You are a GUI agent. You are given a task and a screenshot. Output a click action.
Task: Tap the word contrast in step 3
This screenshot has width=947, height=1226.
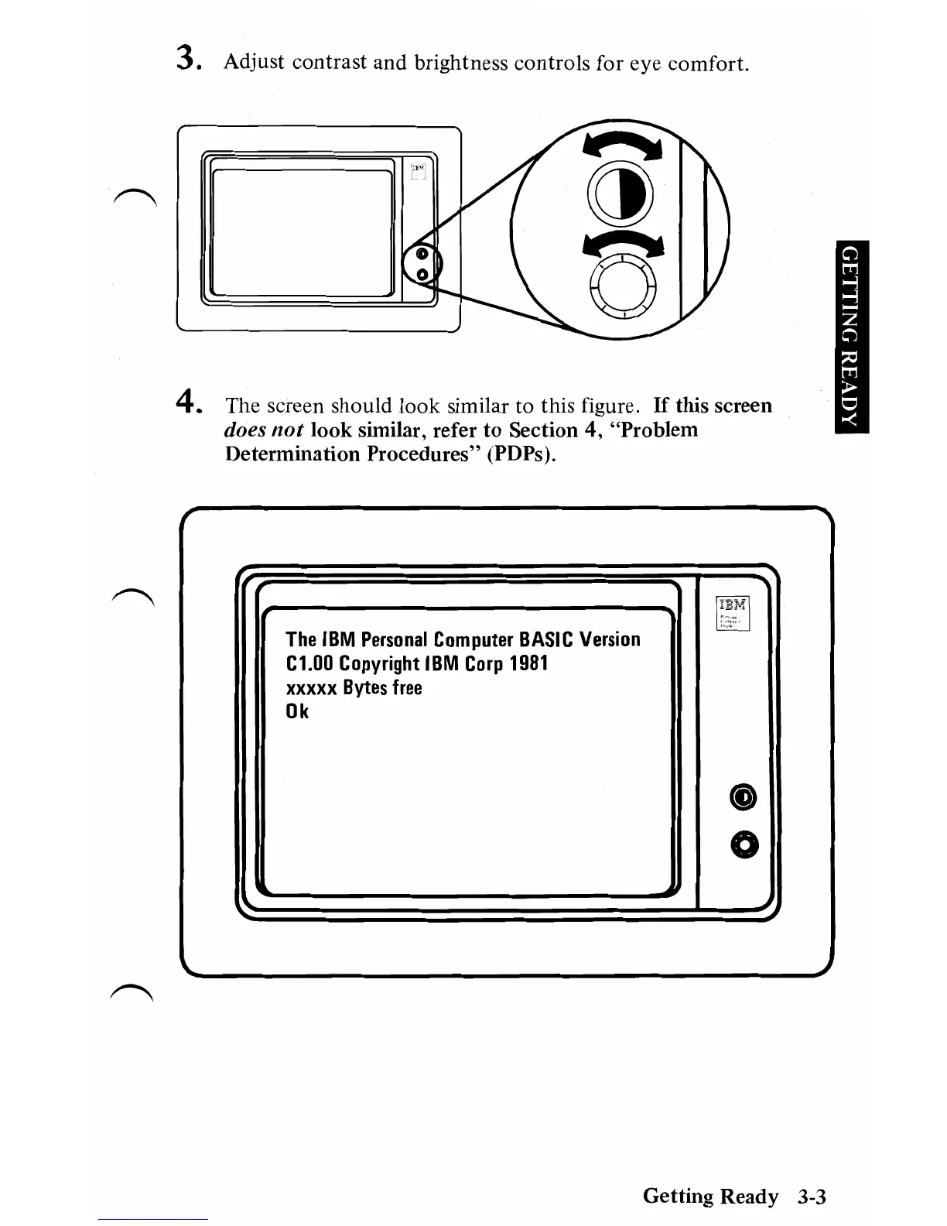coord(330,62)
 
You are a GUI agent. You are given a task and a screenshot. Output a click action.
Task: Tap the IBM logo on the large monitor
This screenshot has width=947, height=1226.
coord(731,604)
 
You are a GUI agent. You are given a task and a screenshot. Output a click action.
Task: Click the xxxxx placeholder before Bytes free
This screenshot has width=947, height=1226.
coord(311,688)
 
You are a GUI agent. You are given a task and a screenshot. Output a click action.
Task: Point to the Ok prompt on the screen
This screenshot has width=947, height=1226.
coord(297,711)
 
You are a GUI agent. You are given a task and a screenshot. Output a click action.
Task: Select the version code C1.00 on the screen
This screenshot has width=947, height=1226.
coord(309,663)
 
